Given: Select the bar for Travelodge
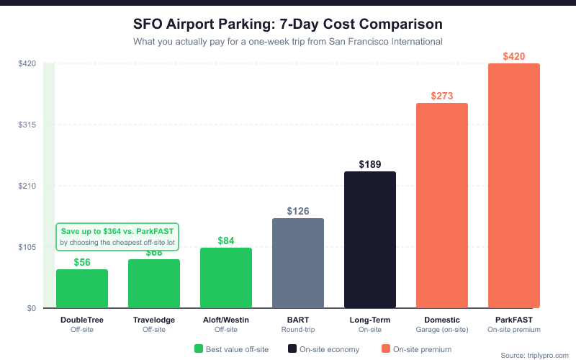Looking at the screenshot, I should point(154,284).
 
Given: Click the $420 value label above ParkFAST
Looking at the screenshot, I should point(514,56).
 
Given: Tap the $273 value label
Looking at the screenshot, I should point(442,96).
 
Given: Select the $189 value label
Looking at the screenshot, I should point(370,164).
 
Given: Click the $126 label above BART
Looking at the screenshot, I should point(298,211).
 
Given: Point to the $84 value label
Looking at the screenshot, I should point(226,240).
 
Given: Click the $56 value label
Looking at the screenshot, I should point(82,262).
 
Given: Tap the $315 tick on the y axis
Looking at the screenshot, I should point(27,125).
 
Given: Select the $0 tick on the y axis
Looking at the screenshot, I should point(31,308).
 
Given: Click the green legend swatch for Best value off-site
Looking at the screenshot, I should point(199,349).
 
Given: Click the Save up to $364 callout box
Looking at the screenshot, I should point(118,237).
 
